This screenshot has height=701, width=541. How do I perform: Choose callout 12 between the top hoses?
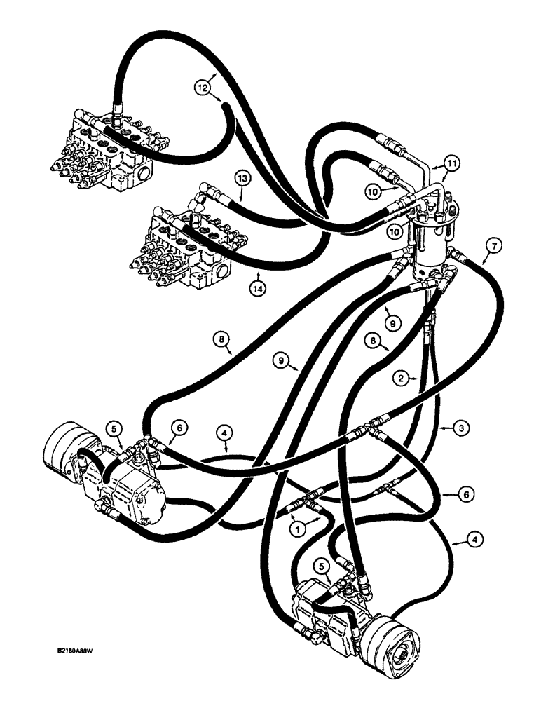(x=203, y=87)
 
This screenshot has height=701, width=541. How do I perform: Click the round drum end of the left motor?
(x=60, y=452)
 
